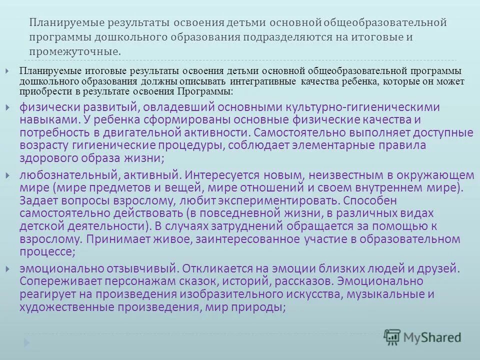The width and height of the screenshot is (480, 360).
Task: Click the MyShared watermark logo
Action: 422,336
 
